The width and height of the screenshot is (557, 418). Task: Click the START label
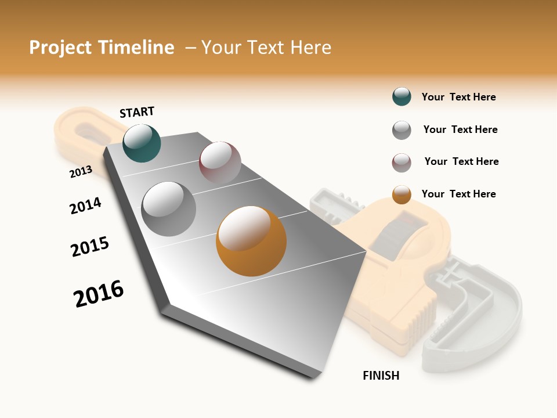[137, 112]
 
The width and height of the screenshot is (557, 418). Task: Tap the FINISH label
[381, 376]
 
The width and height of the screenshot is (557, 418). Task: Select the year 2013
[81, 171]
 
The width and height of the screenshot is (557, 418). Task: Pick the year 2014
[85, 206]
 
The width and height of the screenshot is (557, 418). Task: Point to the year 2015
[90, 247]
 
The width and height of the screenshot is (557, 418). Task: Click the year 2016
[99, 294]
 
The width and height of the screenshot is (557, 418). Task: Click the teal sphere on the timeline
[142, 143]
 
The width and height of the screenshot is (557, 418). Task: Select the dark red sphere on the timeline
[220, 162]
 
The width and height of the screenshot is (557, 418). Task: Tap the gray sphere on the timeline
[169, 209]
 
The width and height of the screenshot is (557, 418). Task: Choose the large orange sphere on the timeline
[251, 241]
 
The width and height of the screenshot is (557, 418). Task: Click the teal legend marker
[402, 97]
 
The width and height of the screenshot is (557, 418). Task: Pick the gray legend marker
[402, 130]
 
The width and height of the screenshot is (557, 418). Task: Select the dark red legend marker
[402, 163]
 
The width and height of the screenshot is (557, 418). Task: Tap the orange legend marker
[402, 194]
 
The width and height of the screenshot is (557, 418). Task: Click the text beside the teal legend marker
[458, 97]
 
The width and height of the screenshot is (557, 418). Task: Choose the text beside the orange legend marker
[458, 194]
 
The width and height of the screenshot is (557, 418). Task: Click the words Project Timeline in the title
[102, 48]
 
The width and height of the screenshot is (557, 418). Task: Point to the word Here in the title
[310, 48]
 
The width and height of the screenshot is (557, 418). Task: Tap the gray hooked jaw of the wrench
[476, 325]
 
